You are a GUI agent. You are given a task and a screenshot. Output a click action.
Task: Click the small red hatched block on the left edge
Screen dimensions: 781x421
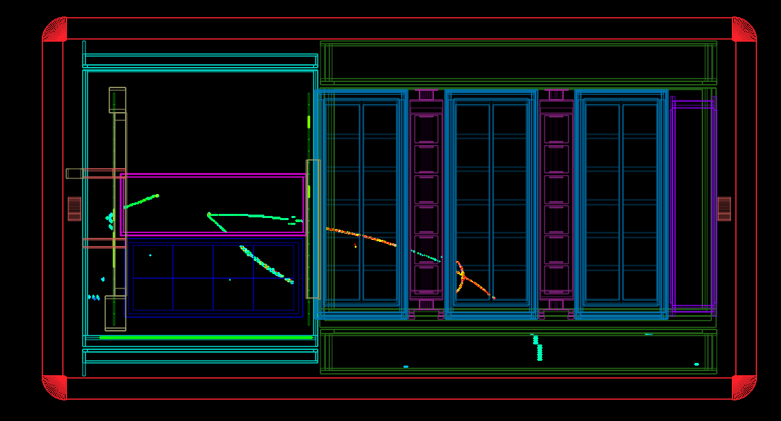74,208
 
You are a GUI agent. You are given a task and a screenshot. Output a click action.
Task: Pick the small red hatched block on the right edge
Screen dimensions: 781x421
724,208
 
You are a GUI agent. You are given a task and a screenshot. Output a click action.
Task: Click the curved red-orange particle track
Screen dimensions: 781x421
461,276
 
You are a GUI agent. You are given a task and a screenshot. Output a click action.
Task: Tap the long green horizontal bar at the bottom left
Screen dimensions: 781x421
205,337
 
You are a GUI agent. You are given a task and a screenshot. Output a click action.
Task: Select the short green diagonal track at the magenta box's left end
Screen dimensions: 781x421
141,201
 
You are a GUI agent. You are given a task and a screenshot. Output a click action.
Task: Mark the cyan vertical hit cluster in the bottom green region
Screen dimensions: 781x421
538,348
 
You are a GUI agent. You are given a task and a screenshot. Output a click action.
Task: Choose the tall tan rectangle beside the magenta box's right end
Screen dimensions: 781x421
313,229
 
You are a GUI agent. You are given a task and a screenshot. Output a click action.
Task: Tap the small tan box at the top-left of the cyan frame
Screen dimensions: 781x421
118,100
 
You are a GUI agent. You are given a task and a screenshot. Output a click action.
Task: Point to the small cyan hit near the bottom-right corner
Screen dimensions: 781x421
696,364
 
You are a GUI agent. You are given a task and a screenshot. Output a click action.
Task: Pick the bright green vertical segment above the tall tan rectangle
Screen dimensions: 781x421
309,122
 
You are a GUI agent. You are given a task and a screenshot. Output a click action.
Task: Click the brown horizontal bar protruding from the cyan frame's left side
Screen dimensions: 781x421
96,174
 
